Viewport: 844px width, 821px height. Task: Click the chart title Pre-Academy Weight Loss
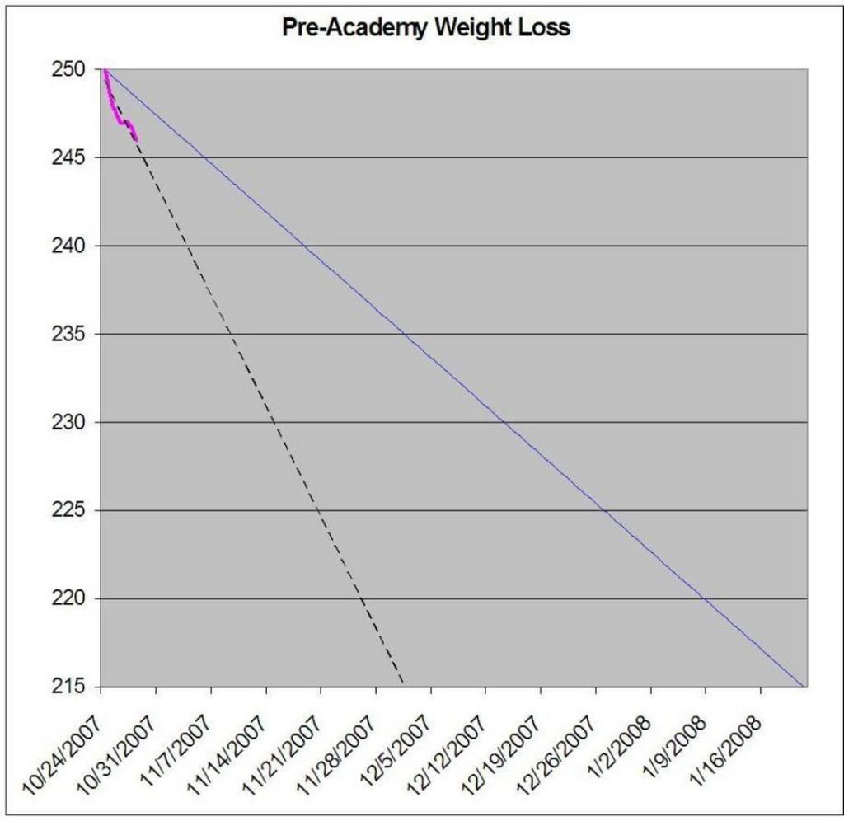[426, 28]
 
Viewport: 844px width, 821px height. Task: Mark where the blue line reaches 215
[804, 686]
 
